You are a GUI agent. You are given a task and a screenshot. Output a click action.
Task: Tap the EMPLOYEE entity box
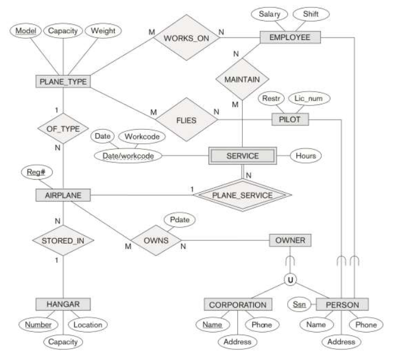(x=290, y=37)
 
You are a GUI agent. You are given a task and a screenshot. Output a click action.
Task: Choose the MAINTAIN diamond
(x=242, y=80)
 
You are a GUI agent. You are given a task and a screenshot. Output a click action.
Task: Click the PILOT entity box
(x=290, y=119)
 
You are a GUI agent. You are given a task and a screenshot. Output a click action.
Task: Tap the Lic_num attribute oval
(x=309, y=99)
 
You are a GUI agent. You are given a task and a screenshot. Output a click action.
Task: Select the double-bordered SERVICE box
(x=242, y=156)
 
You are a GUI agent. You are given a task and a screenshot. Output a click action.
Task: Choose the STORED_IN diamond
(x=64, y=241)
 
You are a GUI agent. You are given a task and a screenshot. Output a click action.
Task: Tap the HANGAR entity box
(x=64, y=304)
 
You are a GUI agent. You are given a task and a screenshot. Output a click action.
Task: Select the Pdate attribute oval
(x=179, y=220)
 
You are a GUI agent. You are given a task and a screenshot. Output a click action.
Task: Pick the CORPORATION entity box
(x=237, y=305)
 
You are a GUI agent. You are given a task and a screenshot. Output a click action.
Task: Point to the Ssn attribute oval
(x=298, y=304)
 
